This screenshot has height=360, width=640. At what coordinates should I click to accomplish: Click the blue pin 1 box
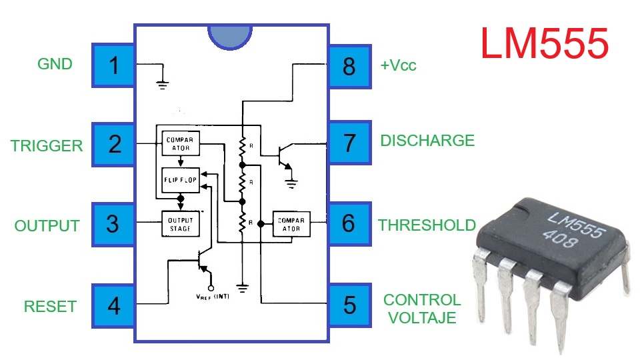point(113,66)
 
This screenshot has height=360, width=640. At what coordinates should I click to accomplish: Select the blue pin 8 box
point(349,66)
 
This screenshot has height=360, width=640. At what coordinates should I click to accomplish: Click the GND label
point(55,65)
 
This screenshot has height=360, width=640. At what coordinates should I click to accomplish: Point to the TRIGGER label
point(47,146)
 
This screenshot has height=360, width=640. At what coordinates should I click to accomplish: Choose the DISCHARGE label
point(427,141)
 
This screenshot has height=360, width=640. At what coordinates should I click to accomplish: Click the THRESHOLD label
point(427,225)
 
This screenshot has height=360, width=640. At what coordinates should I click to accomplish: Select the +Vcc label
point(399,66)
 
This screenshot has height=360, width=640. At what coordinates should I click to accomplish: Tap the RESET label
point(50,307)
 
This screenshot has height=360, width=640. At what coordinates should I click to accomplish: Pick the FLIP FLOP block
point(181,180)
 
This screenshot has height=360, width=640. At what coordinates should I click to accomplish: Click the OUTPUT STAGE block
point(181,224)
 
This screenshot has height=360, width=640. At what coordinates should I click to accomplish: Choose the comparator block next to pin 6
point(291,224)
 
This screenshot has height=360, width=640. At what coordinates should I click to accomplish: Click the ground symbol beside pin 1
point(161,84)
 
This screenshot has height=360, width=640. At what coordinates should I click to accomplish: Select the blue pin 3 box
point(113,224)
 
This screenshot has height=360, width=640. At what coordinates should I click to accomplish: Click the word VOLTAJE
point(422,318)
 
